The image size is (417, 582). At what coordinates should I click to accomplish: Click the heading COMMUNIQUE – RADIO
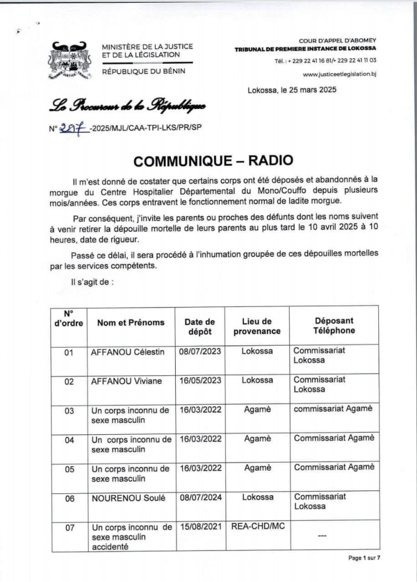[208, 160]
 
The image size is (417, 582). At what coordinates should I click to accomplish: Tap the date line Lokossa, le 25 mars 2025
[292, 90]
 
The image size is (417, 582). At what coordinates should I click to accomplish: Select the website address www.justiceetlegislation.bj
[340, 74]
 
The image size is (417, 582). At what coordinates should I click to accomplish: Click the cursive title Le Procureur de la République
[128, 106]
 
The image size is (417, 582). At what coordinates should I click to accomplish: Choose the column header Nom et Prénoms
[131, 322]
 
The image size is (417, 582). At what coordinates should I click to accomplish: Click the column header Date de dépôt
[200, 326]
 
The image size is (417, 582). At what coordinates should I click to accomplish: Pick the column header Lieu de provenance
[257, 326]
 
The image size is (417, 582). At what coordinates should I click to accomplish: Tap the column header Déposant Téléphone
[334, 326]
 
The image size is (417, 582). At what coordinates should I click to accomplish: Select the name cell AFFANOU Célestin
[128, 352]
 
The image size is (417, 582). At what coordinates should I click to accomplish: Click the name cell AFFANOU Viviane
[126, 381]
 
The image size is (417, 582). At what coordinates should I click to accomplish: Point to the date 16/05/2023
[200, 381]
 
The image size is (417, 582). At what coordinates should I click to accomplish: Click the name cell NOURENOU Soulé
[129, 498]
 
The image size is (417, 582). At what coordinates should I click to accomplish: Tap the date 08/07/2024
[200, 497]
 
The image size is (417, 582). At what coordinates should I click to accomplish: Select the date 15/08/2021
[200, 527]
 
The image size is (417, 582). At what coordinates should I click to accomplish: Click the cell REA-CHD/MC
[257, 526]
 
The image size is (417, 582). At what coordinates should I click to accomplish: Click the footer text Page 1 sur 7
[364, 558]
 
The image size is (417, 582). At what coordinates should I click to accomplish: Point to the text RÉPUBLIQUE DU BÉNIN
[143, 70]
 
